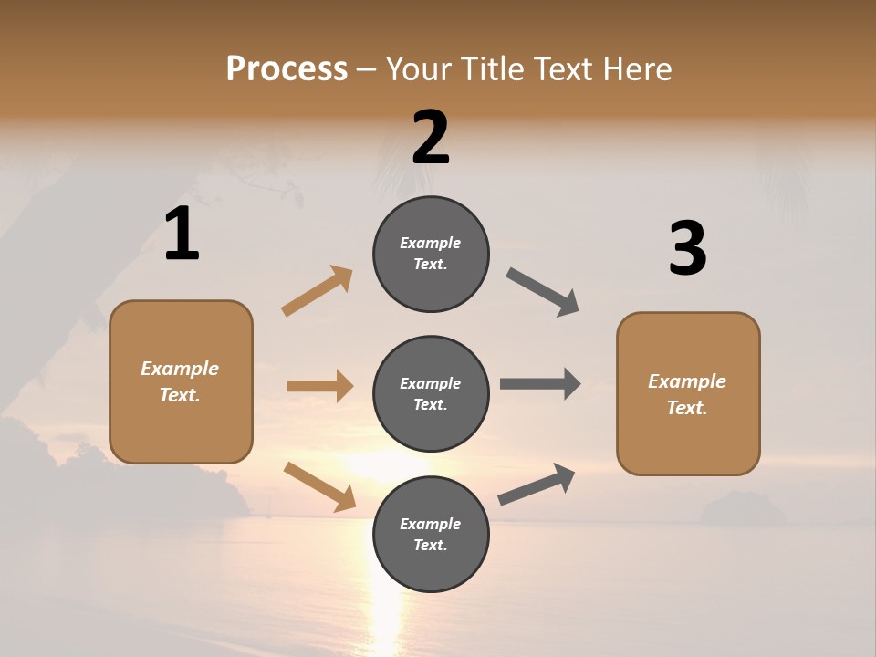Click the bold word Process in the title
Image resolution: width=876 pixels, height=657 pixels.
pyautogui.click(x=287, y=69)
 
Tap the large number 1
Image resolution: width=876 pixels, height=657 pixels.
pyautogui.click(x=182, y=235)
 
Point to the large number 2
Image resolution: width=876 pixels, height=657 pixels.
pyautogui.click(x=431, y=138)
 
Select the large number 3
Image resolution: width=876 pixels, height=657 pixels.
pyautogui.click(x=687, y=249)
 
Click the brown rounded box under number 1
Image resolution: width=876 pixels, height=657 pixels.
pyautogui.click(x=181, y=381)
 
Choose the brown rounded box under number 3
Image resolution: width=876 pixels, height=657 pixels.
pyautogui.click(x=688, y=393)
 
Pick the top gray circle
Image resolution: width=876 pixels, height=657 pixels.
pyautogui.click(x=431, y=254)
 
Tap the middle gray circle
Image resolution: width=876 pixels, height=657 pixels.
pyautogui.click(x=431, y=394)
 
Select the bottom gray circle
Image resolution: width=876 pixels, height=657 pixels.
pyautogui.click(x=431, y=535)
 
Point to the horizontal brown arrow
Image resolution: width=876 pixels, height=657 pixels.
pyautogui.click(x=319, y=386)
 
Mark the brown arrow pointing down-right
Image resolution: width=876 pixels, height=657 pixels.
pyautogui.click(x=319, y=485)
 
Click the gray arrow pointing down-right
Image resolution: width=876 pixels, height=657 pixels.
pyautogui.click(x=543, y=292)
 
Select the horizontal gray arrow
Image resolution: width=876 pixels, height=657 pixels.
pyautogui.click(x=540, y=384)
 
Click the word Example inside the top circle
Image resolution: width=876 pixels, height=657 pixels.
pyautogui.click(x=431, y=243)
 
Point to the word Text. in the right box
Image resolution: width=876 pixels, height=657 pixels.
pyautogui.click(x=687, y=408)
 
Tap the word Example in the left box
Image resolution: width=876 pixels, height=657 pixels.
pyautogui.click(x=180, y=369)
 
